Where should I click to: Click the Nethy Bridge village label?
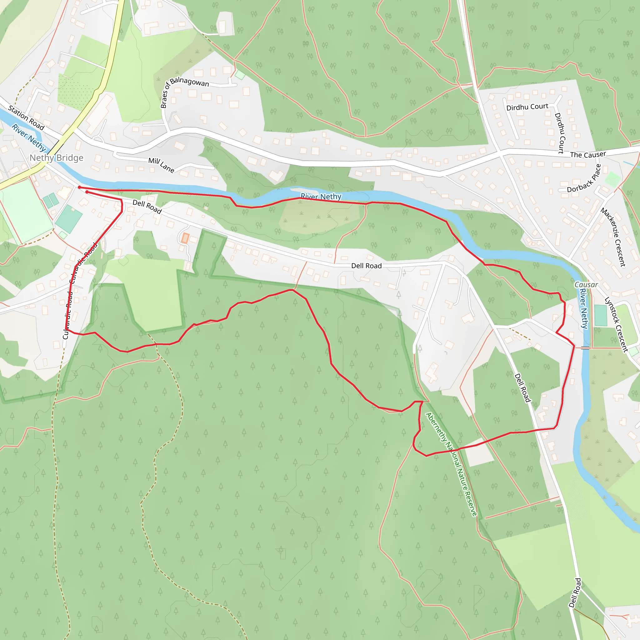point(56,158)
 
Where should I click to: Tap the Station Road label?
point(26,117)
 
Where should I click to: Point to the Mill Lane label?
point(161,165)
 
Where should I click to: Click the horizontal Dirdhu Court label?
point(527,107)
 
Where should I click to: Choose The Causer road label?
point(588,154)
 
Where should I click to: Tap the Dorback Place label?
point(584,179)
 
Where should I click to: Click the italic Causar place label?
point(586,285)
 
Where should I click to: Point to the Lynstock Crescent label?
point(616,324)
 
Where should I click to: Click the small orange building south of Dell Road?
point(185,238)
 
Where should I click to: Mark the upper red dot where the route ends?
point(79,187)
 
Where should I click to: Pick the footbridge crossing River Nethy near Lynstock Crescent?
point(585,348)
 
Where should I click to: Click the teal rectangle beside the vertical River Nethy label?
point(601,315)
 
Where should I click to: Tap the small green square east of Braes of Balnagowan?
point(240,75)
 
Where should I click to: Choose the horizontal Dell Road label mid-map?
point(366,266)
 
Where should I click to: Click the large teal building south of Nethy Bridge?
point(69,219)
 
